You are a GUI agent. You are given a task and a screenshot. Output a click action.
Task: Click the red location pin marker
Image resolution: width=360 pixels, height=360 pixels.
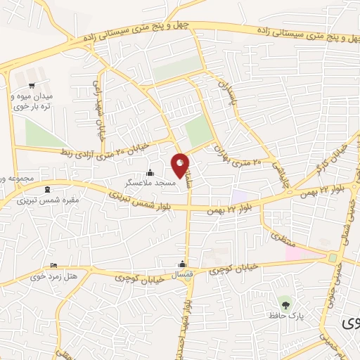coord(181,165)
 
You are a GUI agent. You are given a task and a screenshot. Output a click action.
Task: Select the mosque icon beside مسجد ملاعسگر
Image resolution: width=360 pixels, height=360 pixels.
coord(149,173)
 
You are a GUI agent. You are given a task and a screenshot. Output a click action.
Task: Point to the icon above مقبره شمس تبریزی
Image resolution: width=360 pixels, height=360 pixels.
coord(47,189)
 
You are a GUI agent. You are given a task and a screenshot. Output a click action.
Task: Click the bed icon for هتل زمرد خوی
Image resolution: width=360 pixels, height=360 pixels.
coord(54,266)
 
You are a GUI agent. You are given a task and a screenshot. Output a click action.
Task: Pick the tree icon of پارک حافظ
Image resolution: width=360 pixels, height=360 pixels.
coord(285,304)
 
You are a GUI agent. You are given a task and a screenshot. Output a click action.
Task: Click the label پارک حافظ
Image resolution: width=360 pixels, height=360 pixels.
coord(285,315)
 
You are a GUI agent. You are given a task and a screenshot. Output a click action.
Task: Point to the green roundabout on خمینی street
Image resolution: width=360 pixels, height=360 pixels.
coord(333,258)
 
